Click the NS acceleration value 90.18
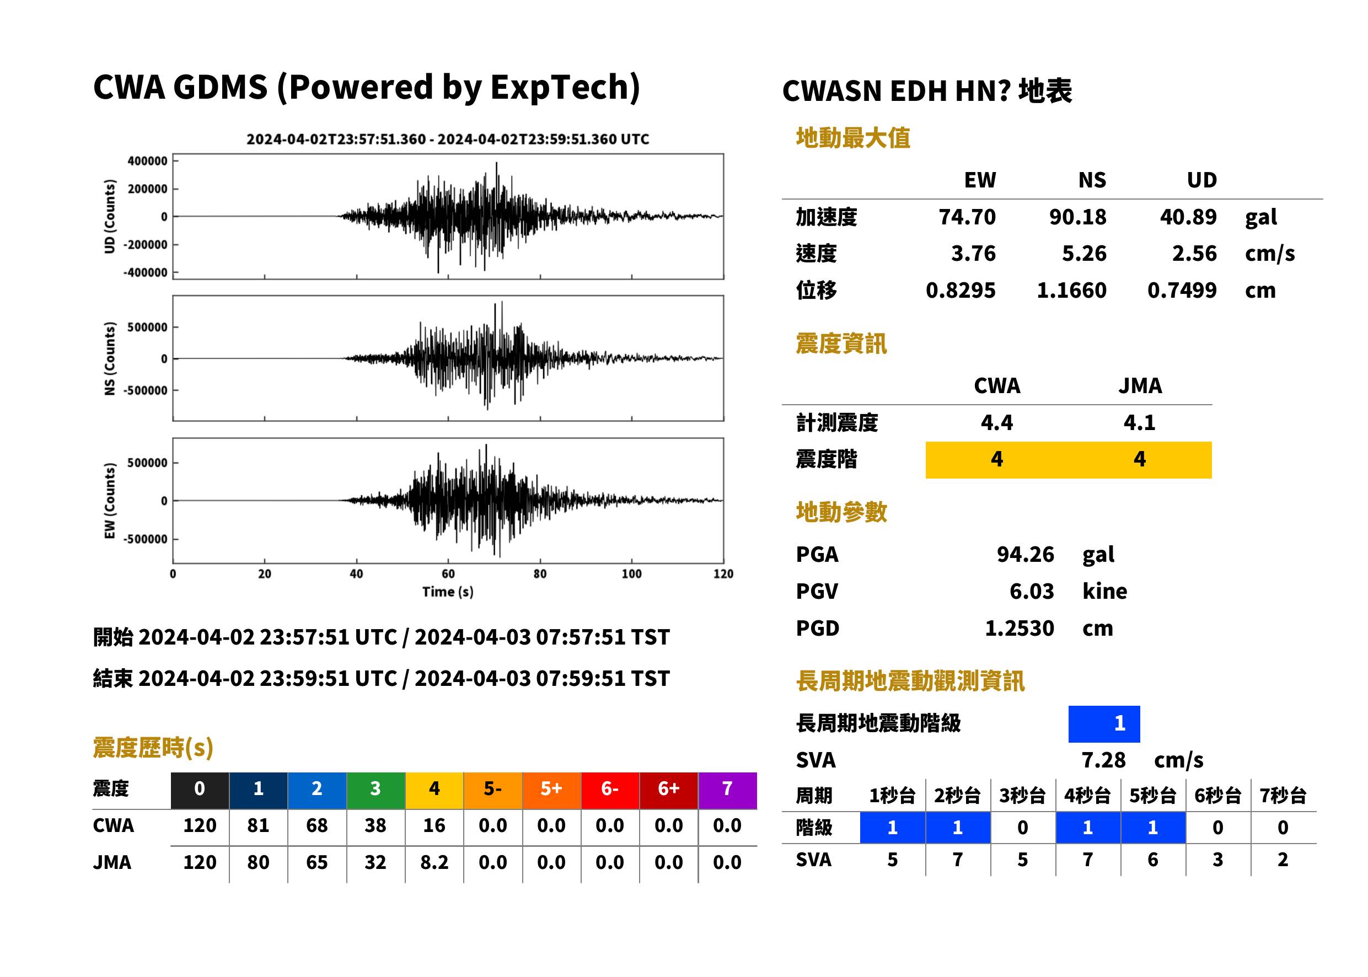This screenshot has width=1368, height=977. pos(1077,217)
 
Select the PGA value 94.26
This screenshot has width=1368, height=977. pos(1025,554)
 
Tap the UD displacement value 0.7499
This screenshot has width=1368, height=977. pos(1182,291)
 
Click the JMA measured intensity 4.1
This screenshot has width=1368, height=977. pos(1139,422)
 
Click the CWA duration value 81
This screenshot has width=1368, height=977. pos(258,825)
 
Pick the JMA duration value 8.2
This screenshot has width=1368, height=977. pos(434,862)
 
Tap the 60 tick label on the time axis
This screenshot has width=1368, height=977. pos(448,573)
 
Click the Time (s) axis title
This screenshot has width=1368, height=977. pos(448,592)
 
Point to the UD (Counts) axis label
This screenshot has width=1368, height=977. pos(110,217)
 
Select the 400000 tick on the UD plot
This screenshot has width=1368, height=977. pos(147,160)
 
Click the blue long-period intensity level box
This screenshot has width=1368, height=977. pos(1104,724)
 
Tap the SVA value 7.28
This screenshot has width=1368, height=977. pos(1103,760)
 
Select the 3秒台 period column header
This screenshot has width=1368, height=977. pos(1022,796)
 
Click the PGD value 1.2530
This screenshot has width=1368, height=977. pos(1019,629)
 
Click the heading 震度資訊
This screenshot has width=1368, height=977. pos(841,344)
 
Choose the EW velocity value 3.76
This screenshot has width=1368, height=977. pos(973,254)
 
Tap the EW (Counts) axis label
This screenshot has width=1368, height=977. pos(110,501)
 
